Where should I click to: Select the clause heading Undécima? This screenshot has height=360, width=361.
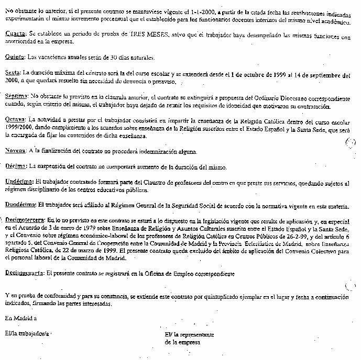18,183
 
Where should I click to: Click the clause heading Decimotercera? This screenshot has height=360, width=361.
23,221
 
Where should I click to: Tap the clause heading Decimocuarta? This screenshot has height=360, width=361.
24,273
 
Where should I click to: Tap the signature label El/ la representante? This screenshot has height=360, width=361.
189,333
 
